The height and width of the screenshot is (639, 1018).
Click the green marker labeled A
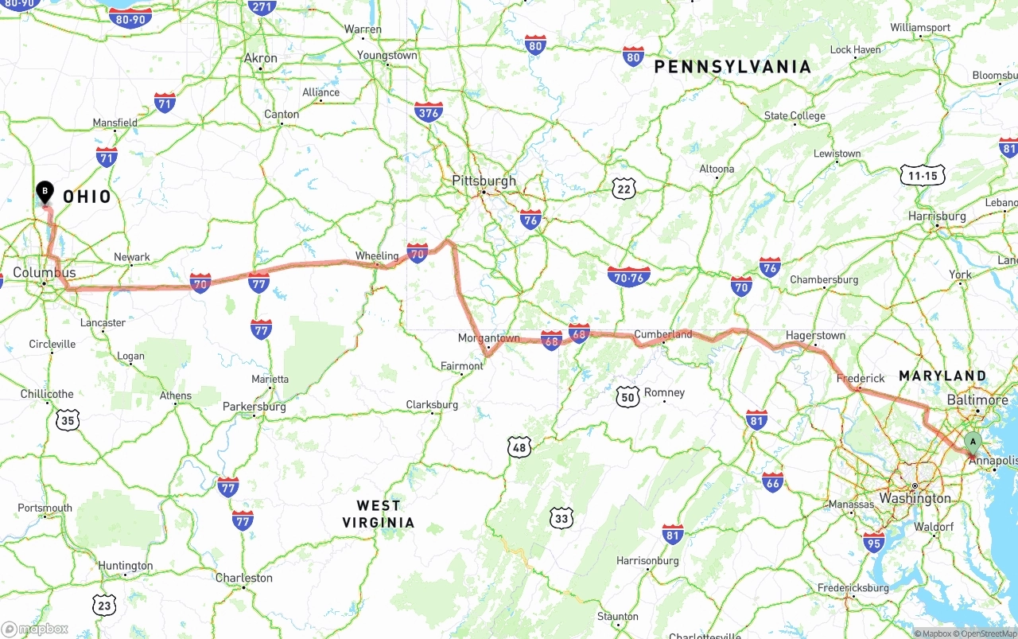972,442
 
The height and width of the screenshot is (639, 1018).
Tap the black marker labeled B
45,192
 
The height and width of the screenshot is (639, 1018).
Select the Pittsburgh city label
484,181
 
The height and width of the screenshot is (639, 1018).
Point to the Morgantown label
488,338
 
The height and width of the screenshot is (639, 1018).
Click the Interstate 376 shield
428,111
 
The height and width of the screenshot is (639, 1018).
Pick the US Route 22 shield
625,189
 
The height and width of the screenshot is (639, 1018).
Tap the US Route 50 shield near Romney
628,395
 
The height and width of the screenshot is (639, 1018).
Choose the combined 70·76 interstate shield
628,277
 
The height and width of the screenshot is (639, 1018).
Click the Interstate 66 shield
772,481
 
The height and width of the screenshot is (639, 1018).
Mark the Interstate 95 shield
873,543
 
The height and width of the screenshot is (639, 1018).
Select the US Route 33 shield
561,518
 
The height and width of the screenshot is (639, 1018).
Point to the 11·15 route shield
923,175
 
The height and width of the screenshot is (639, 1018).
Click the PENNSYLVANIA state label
732,68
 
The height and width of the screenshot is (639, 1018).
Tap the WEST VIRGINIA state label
379,514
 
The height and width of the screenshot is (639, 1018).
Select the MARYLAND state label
942,376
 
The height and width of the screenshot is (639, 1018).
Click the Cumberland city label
662,334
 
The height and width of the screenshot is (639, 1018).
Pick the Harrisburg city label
937,216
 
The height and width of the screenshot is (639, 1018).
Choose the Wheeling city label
376,256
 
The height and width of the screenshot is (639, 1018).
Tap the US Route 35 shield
68,420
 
